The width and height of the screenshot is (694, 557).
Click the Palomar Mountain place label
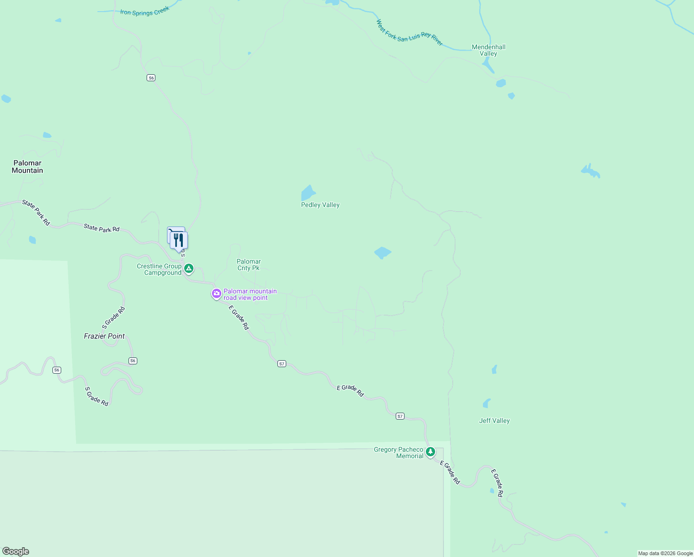(x=27, y=167)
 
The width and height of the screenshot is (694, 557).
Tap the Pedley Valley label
(x=320, y=205)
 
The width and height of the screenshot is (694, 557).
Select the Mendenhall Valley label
(x=488, y=50)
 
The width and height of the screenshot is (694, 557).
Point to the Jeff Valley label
(x=494, y=421)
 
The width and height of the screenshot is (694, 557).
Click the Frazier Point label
(x=104, y=336)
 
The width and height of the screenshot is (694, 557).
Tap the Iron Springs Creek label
(x=145, y=12)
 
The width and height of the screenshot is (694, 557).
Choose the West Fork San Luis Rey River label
(x=410, y=33)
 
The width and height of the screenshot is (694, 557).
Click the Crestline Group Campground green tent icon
(x=189, y=268)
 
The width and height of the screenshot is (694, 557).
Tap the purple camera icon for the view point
(x=216, y=293)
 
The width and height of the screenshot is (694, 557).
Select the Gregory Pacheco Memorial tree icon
(x=431, y=452)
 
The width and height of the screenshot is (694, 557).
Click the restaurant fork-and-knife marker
(x=179, y=240)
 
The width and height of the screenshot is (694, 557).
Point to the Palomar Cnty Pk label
(x=249, y=265)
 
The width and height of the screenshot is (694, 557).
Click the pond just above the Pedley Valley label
(x=308, y=192)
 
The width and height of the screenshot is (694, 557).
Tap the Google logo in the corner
(x=16, y=551)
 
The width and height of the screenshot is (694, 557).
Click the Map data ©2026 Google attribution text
(x=665, y=553)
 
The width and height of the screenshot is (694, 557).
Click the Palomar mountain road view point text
(x=250, y=294)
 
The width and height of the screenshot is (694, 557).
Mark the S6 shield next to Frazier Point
(x=133, y=361)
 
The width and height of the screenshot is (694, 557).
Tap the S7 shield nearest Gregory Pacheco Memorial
(x=400, y=416)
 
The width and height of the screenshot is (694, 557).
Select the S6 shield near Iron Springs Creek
(x=151, y=78)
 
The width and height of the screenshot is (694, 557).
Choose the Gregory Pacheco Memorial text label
(x=398, y=453)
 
